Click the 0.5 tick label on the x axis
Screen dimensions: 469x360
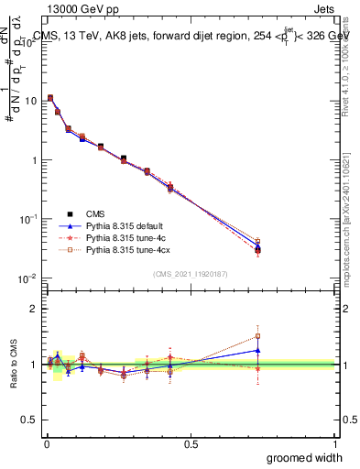click(x=190, y=443)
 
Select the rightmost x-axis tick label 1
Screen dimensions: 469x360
click(x=334, y=443)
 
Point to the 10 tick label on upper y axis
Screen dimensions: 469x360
click(x=30, y=101)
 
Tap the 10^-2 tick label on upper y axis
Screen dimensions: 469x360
click(x=29, y=278)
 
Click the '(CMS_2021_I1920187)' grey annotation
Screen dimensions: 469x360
click(x=190, y=273)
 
